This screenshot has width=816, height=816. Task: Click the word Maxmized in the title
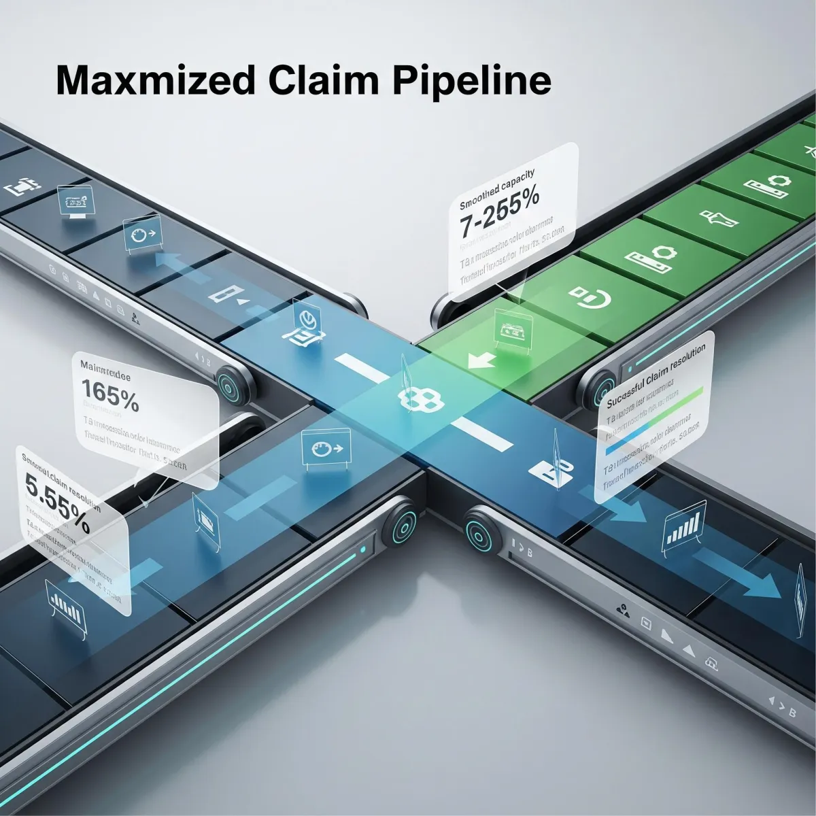155,81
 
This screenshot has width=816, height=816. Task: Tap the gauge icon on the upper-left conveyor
140,235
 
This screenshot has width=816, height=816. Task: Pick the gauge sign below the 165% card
326,449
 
